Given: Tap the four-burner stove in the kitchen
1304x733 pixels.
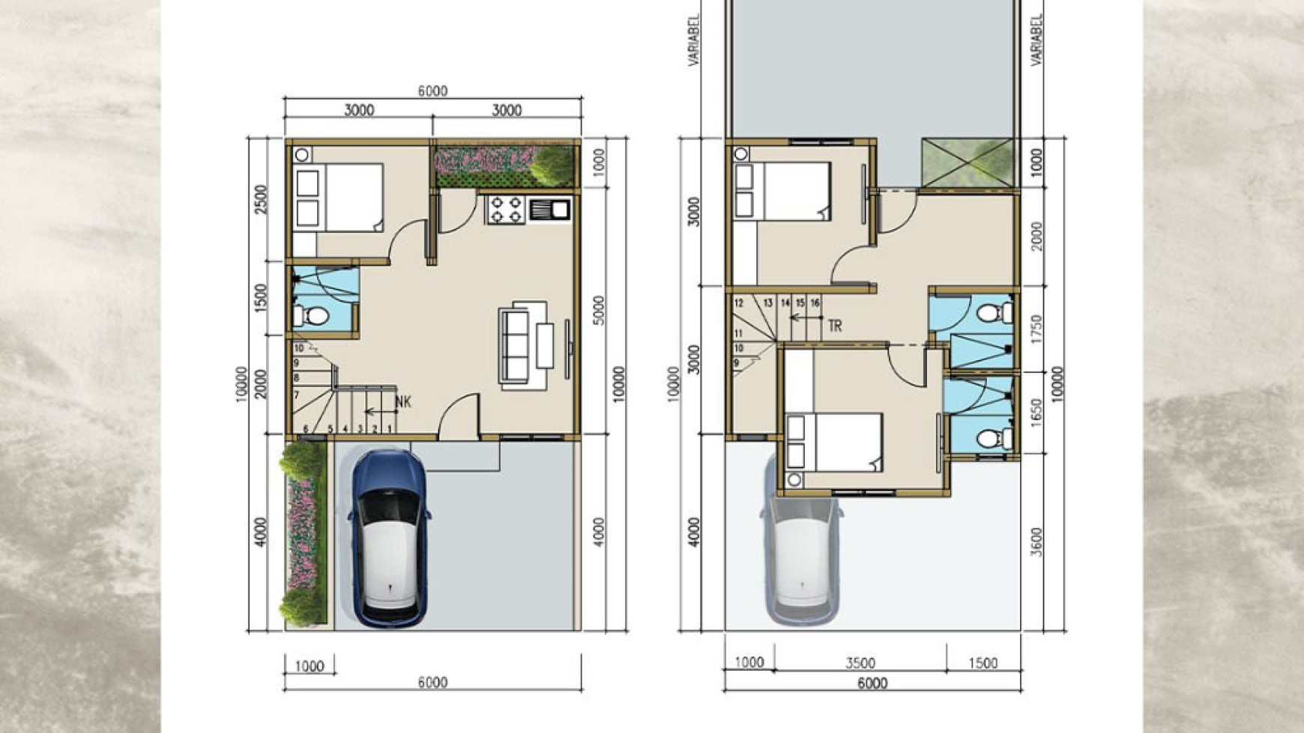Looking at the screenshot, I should (506, 210).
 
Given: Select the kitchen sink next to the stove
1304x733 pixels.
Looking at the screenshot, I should (550, 210).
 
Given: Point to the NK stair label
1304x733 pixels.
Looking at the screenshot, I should (403, 402).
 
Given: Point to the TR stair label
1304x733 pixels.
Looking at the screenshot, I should (835, 326).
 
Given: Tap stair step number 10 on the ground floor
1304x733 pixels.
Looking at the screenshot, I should (298, 348).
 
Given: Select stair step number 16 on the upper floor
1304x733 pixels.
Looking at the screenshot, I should (815, 303).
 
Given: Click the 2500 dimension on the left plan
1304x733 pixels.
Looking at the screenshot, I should (261, 199).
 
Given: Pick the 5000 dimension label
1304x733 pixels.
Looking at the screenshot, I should (598, 309).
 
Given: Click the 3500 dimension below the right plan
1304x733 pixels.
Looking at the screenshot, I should (860, 663).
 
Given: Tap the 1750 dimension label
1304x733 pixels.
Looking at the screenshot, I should (1036, 329).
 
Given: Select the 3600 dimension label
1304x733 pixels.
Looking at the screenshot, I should (1036, 541).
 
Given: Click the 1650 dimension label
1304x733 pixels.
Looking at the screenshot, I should (1036, 412).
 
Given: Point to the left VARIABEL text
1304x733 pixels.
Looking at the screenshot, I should (694, 39).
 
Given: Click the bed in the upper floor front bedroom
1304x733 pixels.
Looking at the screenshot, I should (834, 442).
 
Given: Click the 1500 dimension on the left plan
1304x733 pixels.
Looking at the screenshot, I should (261, 297).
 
